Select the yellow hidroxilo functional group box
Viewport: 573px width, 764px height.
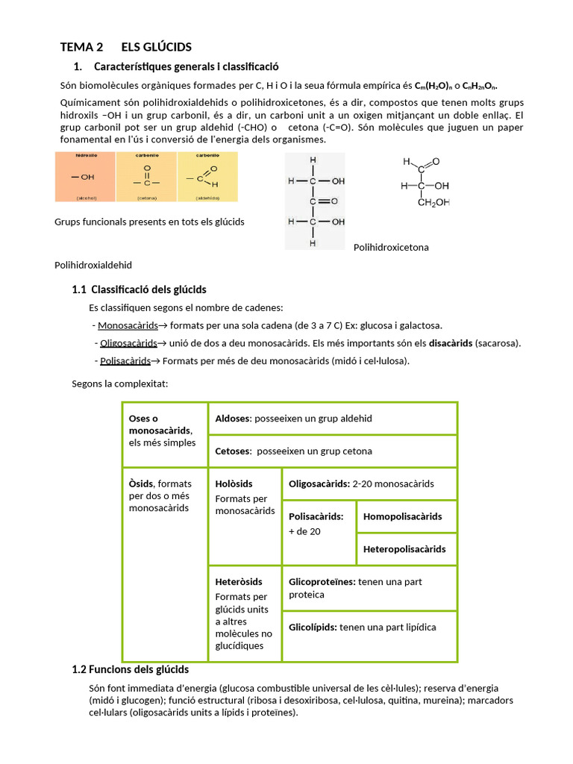86,177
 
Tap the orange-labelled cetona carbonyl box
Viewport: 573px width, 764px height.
146,177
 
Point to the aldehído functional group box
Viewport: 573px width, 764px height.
207,177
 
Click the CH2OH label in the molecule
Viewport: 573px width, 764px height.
433,202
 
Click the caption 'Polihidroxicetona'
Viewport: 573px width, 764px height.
391,247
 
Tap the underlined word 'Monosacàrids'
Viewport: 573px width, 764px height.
128,325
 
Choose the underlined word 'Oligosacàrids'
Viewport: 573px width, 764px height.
128,343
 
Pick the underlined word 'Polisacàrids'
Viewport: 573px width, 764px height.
125,361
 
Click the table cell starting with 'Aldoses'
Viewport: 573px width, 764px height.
333,419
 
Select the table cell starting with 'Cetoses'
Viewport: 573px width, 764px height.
333,451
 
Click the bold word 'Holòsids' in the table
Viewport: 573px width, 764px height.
234,483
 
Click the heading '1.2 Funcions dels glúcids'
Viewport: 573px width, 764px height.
131,669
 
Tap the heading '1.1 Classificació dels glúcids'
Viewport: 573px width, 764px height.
140,289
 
